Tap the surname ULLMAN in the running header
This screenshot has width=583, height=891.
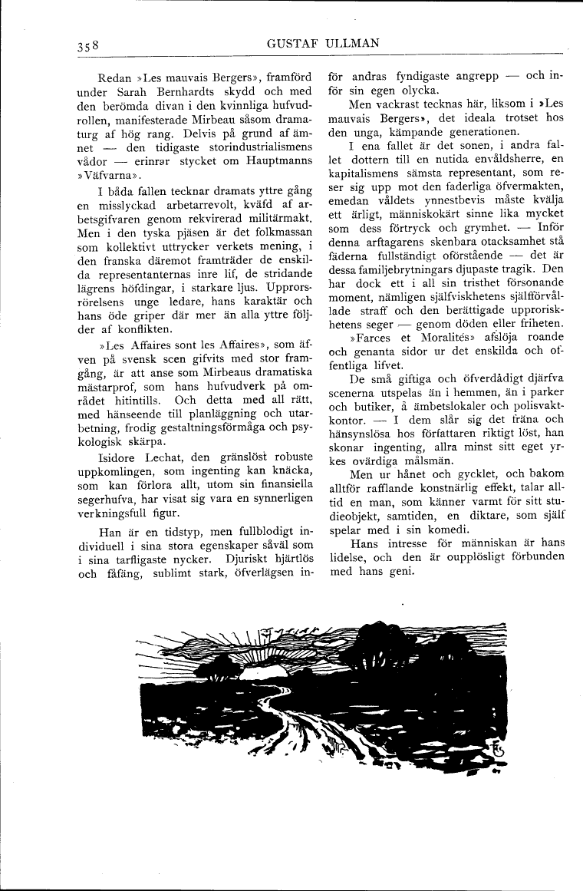click(x=353, y=43)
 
